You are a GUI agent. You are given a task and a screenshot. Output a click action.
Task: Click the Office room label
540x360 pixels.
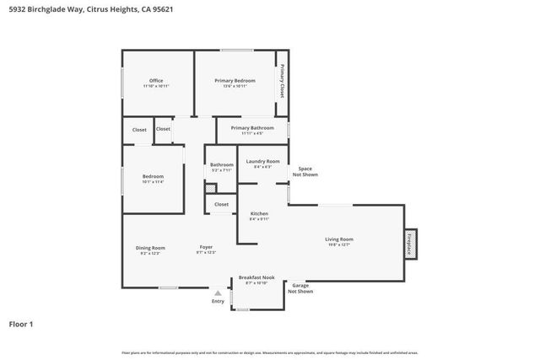point(156,81)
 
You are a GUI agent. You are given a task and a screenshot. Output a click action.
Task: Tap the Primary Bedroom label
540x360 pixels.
point(235,81)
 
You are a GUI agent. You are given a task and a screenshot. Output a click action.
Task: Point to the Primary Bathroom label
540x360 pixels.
point(252,128)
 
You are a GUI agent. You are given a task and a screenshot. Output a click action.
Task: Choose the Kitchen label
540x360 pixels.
point(259,214)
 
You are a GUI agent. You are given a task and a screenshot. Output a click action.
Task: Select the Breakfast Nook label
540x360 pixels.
point(256,277)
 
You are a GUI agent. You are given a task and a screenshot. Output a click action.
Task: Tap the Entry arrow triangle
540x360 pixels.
point(218,293)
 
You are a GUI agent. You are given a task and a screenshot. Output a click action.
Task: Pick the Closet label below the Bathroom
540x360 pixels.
point(221,204)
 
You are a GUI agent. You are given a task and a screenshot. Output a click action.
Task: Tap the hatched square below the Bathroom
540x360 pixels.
point(210,188)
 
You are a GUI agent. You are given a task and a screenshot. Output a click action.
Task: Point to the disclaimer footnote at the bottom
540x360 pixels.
point(270,352)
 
